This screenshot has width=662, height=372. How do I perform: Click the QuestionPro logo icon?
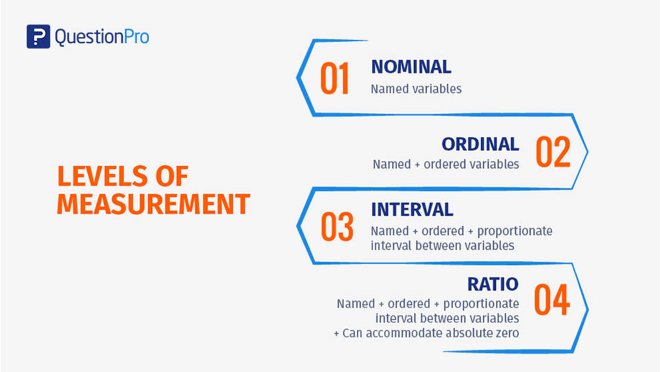[x=38, y=36]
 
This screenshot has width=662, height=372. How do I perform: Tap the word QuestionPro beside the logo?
[x=101, y=37]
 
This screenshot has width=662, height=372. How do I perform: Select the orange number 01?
[x=335, y=78]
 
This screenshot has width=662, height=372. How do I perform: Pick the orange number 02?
[x=553, y=152]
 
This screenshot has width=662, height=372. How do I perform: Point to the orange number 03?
[x=337, y=227]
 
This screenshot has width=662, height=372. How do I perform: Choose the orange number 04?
[x=552, y=300]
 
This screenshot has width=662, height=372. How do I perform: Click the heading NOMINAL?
[x=411, y=67]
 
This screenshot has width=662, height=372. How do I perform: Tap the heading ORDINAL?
[x=480, y=144]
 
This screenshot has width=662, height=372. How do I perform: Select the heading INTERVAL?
[x=412, y=210]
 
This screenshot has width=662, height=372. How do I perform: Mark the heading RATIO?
[x=493, y=284]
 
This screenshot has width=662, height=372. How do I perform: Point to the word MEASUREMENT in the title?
[x=154, y=204]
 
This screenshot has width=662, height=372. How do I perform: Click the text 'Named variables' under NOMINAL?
[x=416, y=89]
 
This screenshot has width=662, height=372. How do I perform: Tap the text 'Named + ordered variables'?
[x=446, y=164]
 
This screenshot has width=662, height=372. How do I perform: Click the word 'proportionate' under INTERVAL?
[x=515, y=232]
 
